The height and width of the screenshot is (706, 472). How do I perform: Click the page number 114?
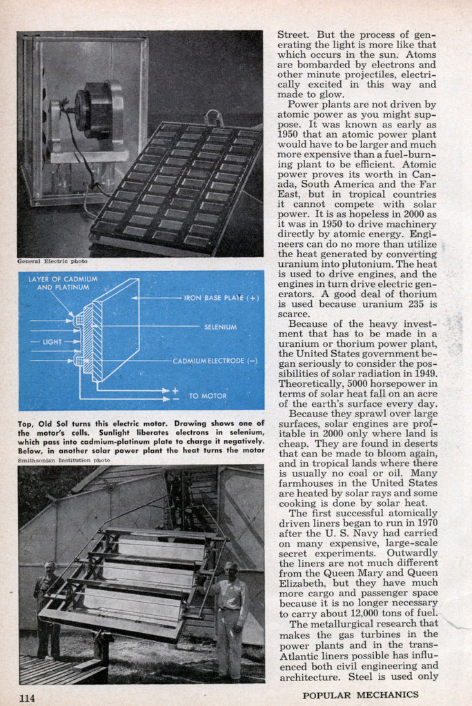pos(27,698)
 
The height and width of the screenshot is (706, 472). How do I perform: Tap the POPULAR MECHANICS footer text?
pos(370,695)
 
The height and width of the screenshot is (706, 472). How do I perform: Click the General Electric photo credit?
pos(52,261)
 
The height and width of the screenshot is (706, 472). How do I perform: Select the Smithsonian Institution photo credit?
pos(63,459)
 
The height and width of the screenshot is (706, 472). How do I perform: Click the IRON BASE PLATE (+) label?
pos(221,298)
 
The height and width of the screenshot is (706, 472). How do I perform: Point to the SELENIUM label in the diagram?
pos(220,326)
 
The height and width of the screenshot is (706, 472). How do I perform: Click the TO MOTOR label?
pos(207,396)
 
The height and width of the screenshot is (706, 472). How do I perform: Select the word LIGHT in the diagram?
pos(52,341)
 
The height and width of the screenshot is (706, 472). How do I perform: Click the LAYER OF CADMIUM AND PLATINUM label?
pos(63,283)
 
